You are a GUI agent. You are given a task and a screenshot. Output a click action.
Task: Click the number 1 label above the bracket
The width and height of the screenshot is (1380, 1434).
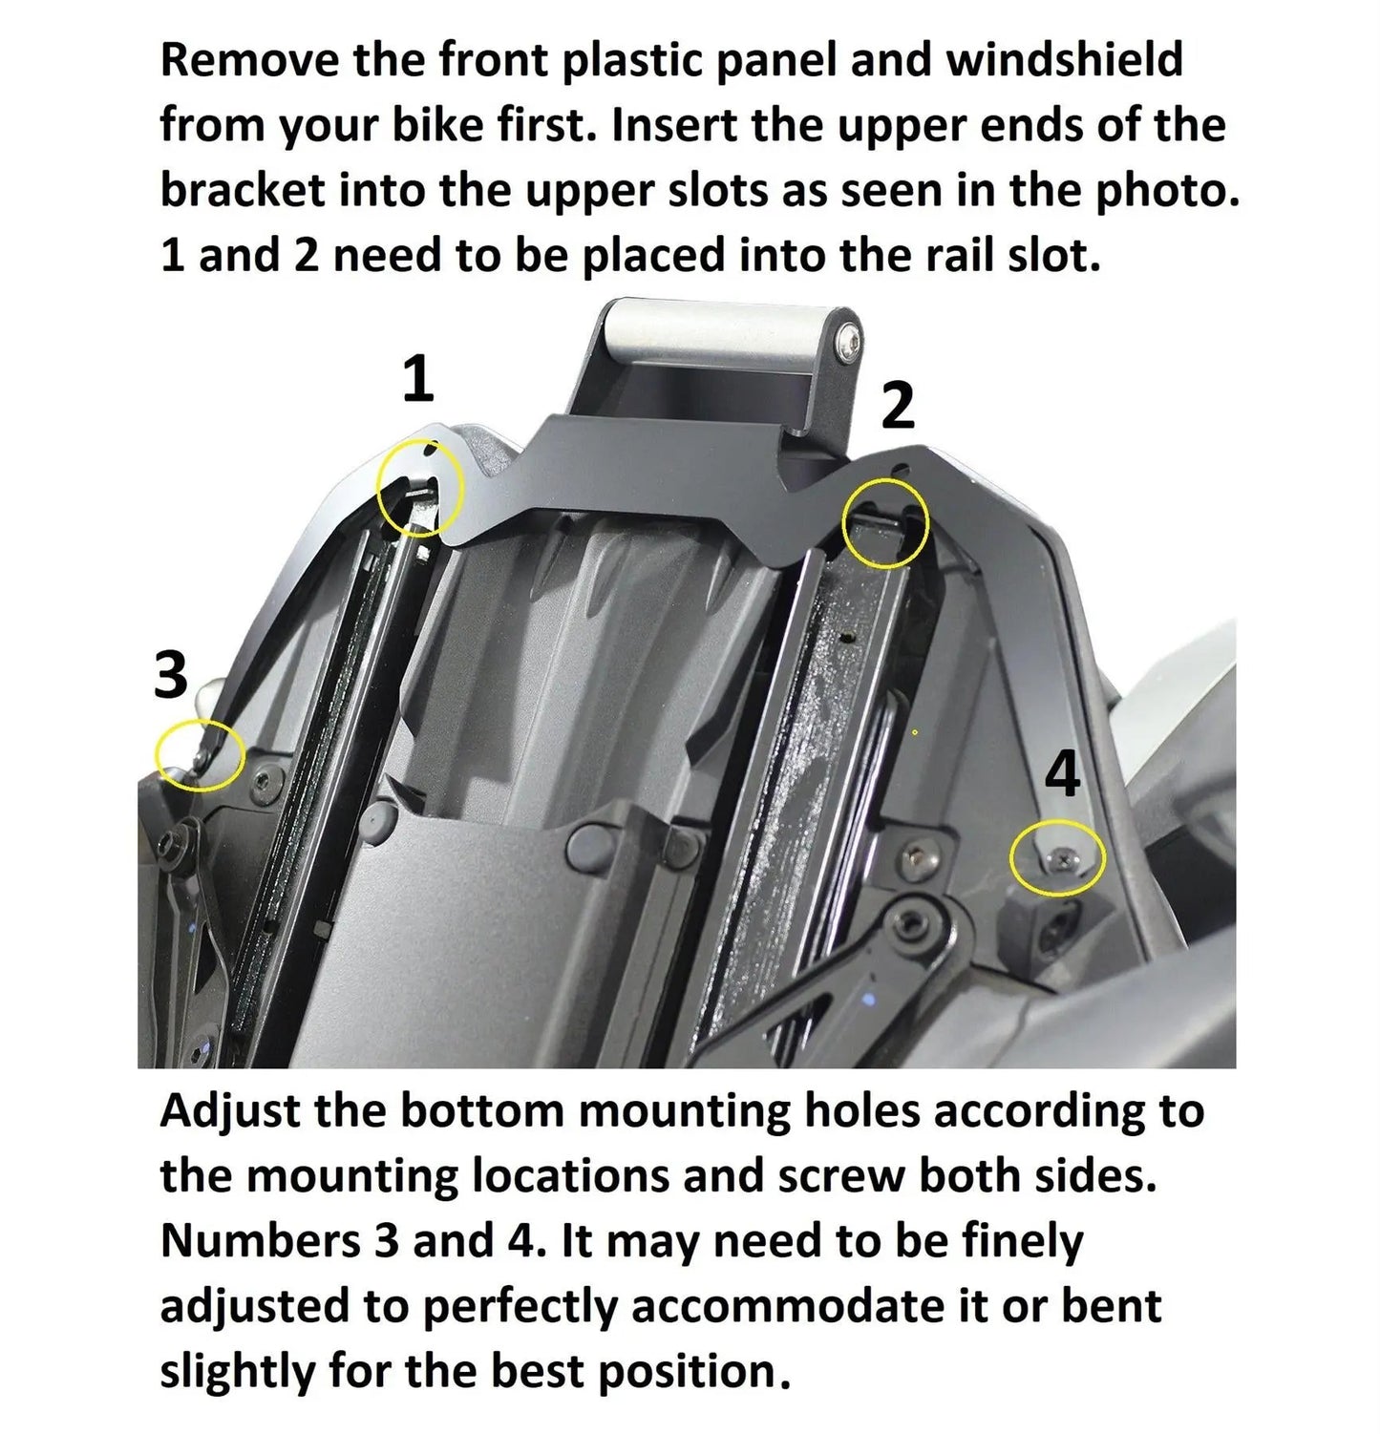coord(417,379)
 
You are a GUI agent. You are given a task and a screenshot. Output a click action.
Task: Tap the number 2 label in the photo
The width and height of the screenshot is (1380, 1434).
coord(897,406)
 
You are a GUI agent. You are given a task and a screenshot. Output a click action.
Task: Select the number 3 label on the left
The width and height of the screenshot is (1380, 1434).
coord(171,676)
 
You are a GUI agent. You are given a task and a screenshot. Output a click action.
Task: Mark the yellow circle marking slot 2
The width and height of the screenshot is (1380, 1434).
coord(886,522)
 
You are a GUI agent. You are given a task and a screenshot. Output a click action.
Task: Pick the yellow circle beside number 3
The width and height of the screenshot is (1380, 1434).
coord(201,756)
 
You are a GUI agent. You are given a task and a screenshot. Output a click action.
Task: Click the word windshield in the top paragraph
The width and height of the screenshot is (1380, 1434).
coord(1064,60)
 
